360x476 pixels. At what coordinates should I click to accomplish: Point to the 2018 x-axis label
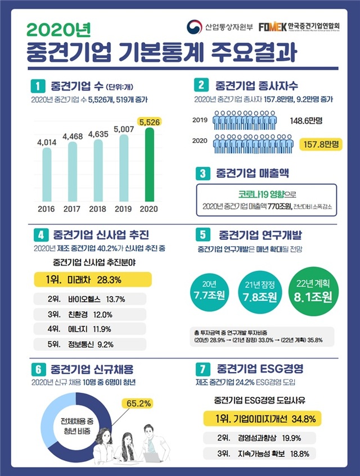coord(98,210)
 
